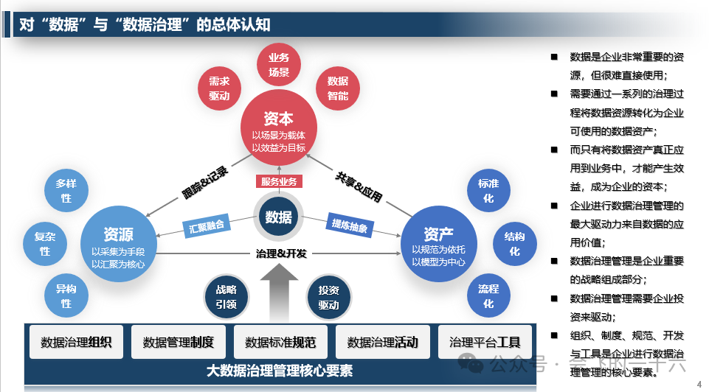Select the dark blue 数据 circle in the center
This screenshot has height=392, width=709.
click(x=278, y=217)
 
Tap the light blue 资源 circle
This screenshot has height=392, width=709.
click(x=118, y=243)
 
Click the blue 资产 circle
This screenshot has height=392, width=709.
click(x=438, y=243)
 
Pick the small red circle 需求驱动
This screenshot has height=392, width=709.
click(x=219, y=89)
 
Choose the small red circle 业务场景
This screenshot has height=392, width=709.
click(x=278, y=65)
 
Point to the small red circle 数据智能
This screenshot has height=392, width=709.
click(x=338, y=89)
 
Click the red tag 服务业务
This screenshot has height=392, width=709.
click(x=278, y=181)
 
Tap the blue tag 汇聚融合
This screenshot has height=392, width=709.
click(x=207, y=226)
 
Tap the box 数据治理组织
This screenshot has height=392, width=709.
click(x=76, y=343)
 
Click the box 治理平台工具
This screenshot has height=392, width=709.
click(x=485, y=343)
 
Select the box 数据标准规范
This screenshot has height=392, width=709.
click(x=280, y=343)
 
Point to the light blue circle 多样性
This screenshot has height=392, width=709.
click(x=66, y=191)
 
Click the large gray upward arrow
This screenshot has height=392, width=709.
click(x=278, y=291)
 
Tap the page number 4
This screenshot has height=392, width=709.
click(x=699, y=384)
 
